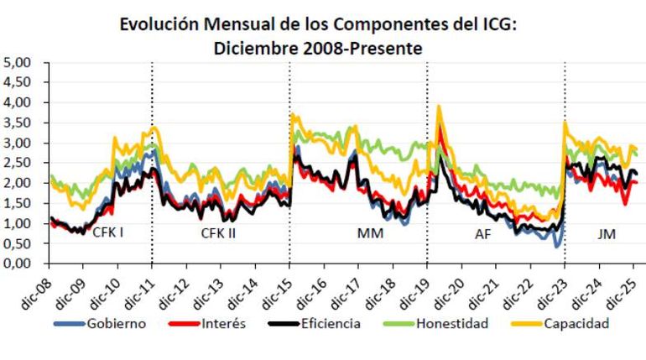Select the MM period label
[x=369, y=233]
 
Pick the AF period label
[x=485, y=233]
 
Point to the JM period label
[x=606, y=233]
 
